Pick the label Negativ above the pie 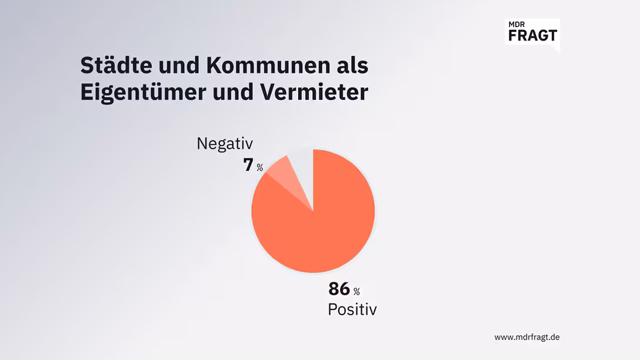point(224,144)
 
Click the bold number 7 point(248,165)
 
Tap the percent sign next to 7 point(260,168)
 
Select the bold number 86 point(339,289)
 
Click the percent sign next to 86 point(356,291)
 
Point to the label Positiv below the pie point(352,309)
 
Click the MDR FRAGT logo point(532,32)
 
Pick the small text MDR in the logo point(517,24)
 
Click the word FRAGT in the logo point(532,35)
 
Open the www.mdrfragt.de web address point(526,337)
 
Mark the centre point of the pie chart point(313,211)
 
